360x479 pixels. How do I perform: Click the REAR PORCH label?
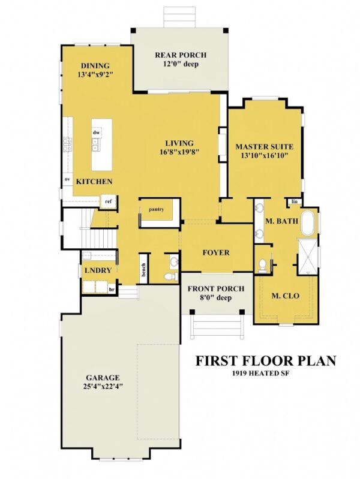[176, 55]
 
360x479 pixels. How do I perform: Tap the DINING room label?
[95, 66]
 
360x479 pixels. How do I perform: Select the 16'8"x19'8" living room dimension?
[179, 152]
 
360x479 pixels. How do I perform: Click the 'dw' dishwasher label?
[95, 132]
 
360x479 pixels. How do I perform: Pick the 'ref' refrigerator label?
[109, 201]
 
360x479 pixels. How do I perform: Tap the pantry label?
[157, 209]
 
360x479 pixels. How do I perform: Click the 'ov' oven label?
[68, 179]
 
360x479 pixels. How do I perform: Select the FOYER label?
[215, 252]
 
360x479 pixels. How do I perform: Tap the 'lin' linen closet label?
[295, 202]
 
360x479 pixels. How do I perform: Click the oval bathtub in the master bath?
[308, 223]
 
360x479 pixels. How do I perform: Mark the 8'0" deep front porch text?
[215, 297]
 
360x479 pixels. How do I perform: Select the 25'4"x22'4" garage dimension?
[102, 387]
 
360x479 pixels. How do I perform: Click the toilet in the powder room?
[170, 274]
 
